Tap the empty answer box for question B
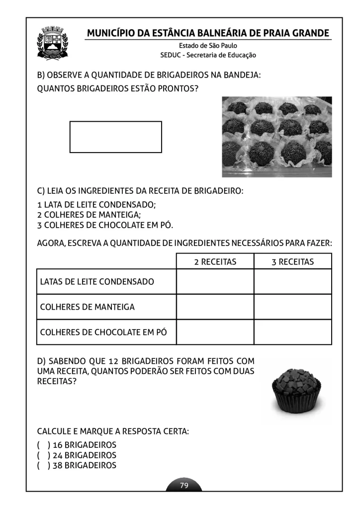coord(115,137)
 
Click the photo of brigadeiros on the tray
coord(276,137)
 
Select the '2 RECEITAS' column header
coord(215,261)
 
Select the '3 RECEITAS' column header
coord(292,261)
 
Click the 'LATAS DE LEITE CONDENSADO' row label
coord(97,282)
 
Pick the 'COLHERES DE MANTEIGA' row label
coord(88,307)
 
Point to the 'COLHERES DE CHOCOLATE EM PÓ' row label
coord(103,332)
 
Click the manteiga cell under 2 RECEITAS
coord(215,307)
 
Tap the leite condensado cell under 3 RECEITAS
coord(292,282)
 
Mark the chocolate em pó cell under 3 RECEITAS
coord(292,332)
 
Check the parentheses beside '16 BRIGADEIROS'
coord(43,445)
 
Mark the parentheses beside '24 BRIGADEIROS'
coord(43,455)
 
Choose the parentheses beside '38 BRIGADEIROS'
coord(43,466)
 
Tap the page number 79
coord(184,486)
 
